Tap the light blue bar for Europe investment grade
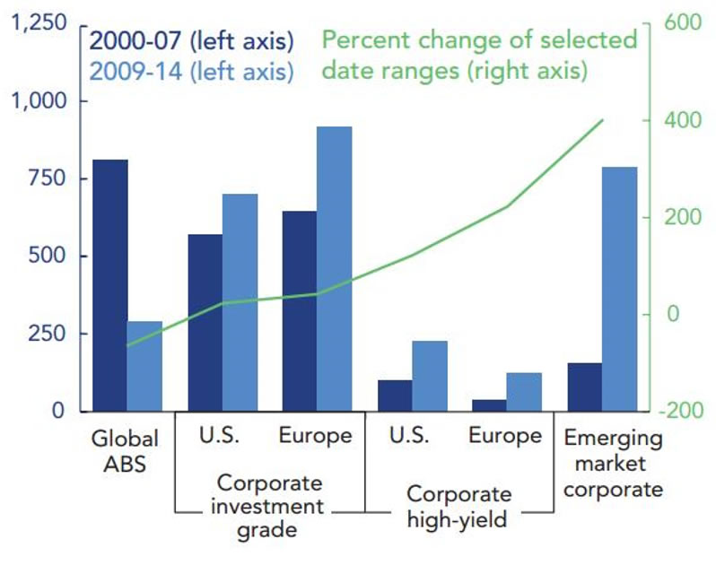334,269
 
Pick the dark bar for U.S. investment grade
205,323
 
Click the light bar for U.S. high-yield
429,376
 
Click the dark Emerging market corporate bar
584,387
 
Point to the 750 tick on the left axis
48,178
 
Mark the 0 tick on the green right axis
669,314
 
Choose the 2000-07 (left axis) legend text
191,41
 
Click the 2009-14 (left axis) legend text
191,71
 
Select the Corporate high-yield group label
459,506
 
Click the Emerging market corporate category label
614,464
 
